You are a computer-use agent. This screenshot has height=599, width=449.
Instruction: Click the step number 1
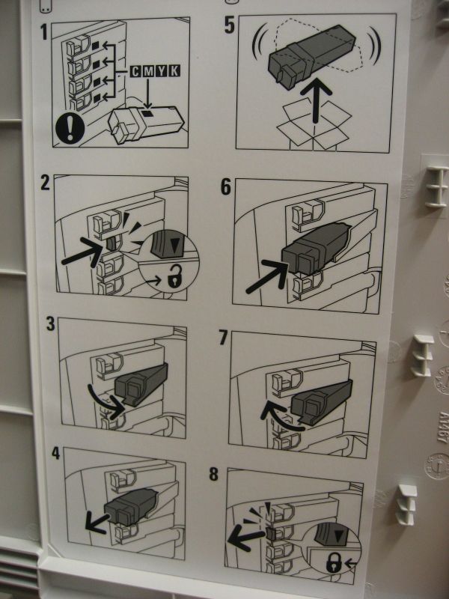(44, 32)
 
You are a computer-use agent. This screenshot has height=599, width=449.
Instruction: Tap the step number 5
(230, 25)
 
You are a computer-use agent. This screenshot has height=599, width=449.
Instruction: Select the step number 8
(213, 474)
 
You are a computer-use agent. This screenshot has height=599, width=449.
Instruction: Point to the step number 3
(51, 324)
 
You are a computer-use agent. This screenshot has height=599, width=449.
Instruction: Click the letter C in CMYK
(136, 71)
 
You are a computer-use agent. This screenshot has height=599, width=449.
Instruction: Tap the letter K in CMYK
(174, 71)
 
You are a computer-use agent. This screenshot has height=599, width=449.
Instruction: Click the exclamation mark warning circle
(70, 129)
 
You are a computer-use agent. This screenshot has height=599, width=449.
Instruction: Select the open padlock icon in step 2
(174, 277)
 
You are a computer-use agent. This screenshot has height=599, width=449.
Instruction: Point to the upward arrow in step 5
(316, 101)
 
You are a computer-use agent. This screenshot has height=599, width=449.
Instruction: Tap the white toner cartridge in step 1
(146, 124)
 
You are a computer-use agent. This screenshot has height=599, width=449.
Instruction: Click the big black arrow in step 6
(268, 276)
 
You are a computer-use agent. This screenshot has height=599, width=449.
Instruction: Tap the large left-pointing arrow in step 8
(245, 538)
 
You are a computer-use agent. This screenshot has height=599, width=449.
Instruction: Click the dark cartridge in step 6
(316, 249)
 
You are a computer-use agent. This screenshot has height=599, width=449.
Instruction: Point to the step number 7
(223, 338)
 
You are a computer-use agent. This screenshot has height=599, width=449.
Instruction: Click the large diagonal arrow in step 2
(82, 252)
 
